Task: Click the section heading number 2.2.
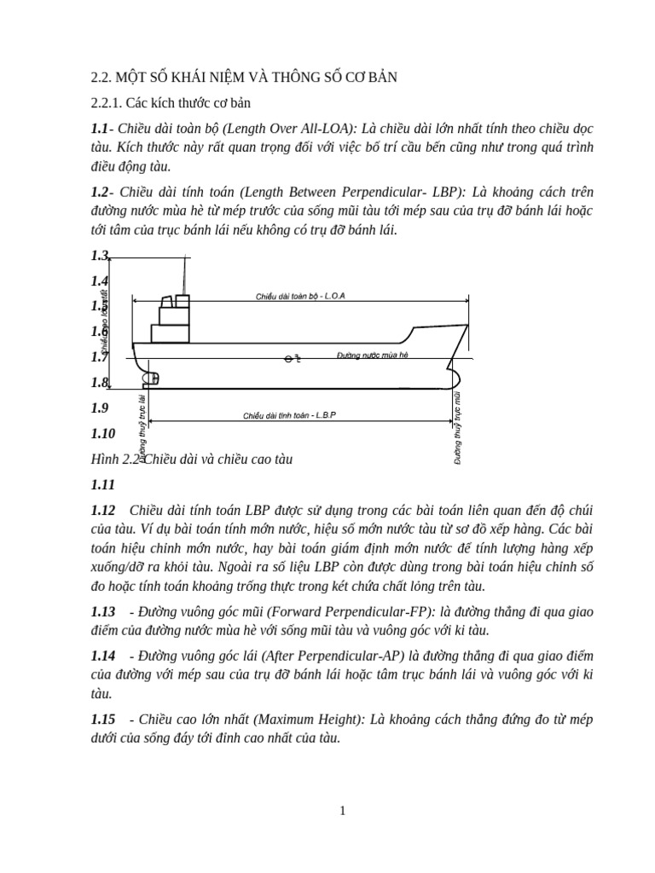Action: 101,78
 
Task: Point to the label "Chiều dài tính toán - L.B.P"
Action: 290,415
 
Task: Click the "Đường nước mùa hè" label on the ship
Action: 373,354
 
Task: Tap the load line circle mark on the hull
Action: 290,359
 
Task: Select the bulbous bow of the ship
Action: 454,376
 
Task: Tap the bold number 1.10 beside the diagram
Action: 103,433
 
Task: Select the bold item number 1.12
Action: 103,510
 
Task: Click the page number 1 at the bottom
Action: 342,811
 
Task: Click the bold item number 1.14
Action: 103,655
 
